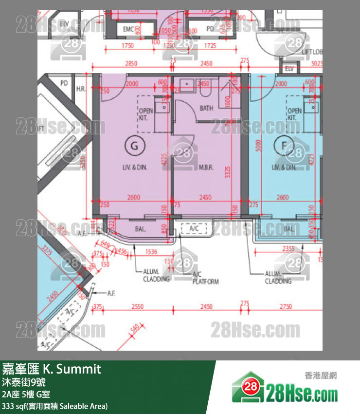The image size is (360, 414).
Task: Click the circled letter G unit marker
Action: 135,145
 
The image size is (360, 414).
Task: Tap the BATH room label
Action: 206,108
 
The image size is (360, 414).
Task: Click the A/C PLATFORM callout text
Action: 205,279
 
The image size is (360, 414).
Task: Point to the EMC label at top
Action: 128,29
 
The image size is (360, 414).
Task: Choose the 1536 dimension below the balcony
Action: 151,252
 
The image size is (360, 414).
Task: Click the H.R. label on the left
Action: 81,88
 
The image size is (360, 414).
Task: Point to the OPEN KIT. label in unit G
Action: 145,114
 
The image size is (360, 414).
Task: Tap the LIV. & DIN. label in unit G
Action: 135,167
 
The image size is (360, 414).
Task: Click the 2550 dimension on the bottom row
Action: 138,306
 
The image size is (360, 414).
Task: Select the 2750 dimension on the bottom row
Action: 286,306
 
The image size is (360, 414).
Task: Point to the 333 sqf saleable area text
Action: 54,406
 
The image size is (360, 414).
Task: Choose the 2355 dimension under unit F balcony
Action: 288,249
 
